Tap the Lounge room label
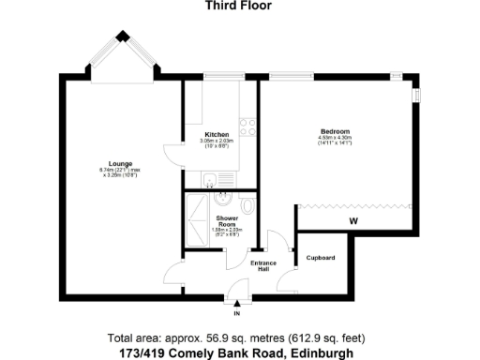pyautogui.click(x=119, y=163)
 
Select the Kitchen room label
pyautogui.click(x=217, y=135)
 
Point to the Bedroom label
pyautogui.click(x=335, y=131)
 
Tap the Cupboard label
pyautogui.click(x=321, y=258)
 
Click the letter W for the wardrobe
pyautogui.click(x=353, y=221)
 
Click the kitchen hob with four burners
pyautogui.click(x=248, y=127)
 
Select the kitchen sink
pyautogui.click(x=213, y=180)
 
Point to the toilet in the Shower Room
pyautogui.click(x=247, y=204)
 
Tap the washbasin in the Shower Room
pyautogui.click(x=222, y=199)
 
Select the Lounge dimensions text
pyautogui.click(x=119, y=172)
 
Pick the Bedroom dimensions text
pyautogui.click(x=335, y=141)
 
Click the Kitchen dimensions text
pyautogui.click(x=217, y=143)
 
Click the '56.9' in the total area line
pyautogui.click(x=198, y=337)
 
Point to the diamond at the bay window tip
pyautogui.click(x=122, y=37)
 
